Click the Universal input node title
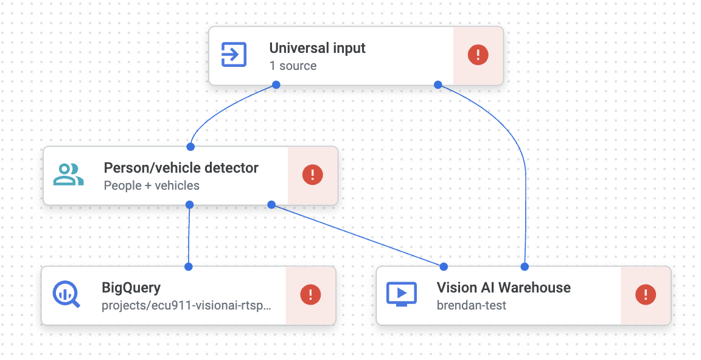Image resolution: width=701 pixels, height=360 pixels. pos(317,48)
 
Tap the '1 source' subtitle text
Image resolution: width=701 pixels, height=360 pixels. pos(293,66)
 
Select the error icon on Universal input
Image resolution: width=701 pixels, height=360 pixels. pos(478,55)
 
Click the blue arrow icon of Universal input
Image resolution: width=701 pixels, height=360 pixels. pos(234,55)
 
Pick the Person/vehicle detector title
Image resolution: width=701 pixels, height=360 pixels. pos(181,168)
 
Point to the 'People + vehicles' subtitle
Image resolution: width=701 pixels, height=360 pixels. pos(152,185)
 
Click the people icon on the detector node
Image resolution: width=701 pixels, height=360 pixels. pos(68,175)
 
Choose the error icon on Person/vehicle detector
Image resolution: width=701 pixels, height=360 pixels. pos(312,175)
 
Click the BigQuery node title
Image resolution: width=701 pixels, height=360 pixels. pos(131,288)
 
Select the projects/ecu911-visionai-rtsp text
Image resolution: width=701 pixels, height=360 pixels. pos(186,305)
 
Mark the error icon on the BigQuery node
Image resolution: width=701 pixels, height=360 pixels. pos(310,295)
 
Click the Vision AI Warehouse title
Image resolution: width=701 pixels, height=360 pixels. pos(503,288)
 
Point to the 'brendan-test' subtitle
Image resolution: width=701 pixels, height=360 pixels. pos(471,305)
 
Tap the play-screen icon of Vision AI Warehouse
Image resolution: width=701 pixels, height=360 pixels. pos(402,294)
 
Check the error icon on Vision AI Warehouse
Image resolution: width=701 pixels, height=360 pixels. pos(645,295)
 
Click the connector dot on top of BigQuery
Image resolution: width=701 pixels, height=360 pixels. pos(189,266)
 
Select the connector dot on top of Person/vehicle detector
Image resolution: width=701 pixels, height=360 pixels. pos(190,147)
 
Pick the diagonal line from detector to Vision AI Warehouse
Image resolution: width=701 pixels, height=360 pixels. pos(358,235)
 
